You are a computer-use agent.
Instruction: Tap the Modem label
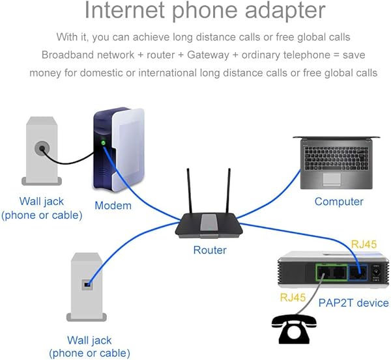[113, 206]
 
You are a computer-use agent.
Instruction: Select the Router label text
[210, 250]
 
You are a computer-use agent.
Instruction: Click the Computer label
[339, 201]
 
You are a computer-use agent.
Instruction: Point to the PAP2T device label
[354, 303]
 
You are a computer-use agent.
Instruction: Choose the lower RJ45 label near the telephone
[294, 298]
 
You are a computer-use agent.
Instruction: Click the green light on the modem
[102, 143]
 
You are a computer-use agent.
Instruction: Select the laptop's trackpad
[336, 178]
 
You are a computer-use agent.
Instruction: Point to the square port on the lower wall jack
[86, 283]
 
